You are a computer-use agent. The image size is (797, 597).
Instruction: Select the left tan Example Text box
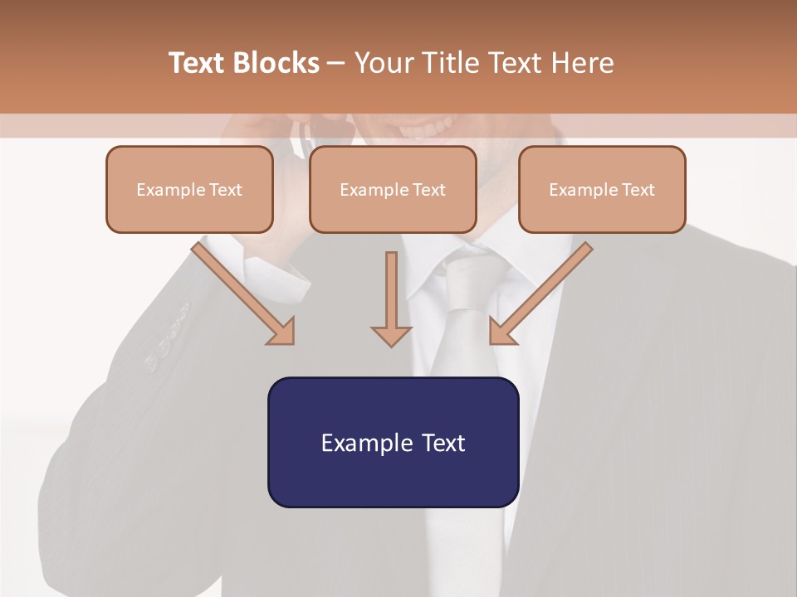[x=189, y=189]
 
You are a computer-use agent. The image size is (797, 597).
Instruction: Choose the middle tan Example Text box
[x=393, y=189]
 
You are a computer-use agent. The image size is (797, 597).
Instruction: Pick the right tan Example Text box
[x=602, y=189]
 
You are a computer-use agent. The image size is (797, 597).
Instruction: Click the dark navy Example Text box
[x=393, y=443]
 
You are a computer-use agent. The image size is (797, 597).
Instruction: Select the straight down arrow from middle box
[x=391, y=298]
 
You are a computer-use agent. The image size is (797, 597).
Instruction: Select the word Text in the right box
[x=638, y=189]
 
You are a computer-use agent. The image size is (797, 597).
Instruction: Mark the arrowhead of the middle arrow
[x=391, y=335]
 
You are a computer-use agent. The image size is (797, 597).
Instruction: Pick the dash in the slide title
[x=336, y=63]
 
